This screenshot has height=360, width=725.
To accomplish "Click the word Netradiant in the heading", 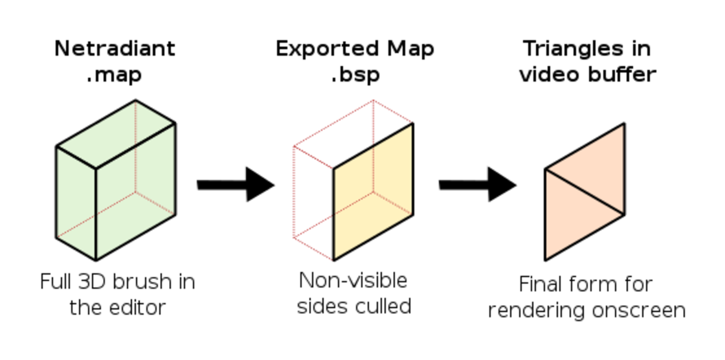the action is [115, 49].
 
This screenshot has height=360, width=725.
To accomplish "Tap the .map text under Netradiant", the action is [114, 74].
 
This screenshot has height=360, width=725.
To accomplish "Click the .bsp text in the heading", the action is [355, 74].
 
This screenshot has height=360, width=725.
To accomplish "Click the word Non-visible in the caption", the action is [353, 280].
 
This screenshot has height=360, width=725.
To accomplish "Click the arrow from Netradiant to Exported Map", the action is [236, 185].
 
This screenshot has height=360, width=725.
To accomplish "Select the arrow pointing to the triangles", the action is [478, 185].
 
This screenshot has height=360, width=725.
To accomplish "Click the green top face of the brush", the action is [116, 134].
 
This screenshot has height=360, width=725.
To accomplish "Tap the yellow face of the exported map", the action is [373, 192].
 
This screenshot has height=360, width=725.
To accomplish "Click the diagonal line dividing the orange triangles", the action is [585, 192].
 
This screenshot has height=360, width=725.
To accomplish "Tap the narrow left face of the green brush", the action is [76, 203].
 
